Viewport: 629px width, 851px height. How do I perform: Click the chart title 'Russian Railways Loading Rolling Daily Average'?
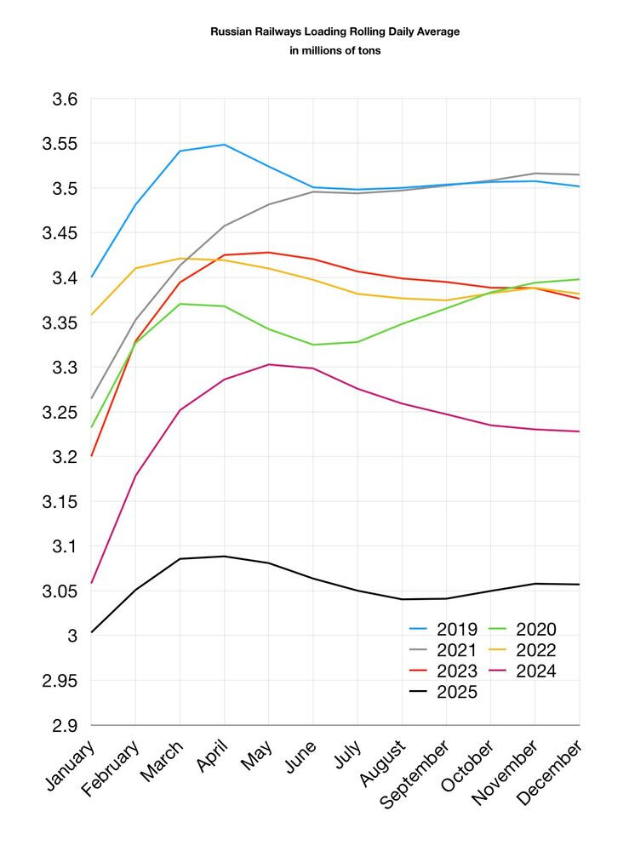[x=335, y=31]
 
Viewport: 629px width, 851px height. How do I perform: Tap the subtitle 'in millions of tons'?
[x=335, y=51]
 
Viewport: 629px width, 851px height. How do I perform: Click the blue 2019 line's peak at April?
[x=225, y=145]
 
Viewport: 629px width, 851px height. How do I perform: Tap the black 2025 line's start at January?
[x=91, y=632]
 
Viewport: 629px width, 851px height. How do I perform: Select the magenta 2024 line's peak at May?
[x=269, y=364]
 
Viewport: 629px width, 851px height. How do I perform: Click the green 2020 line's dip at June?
[x=313, y=345]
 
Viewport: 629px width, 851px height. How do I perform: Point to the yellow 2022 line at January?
[x=91, y=315]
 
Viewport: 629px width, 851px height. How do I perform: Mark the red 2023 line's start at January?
[x=91, y=456]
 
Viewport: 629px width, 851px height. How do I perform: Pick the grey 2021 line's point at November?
[x=535, y=174]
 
